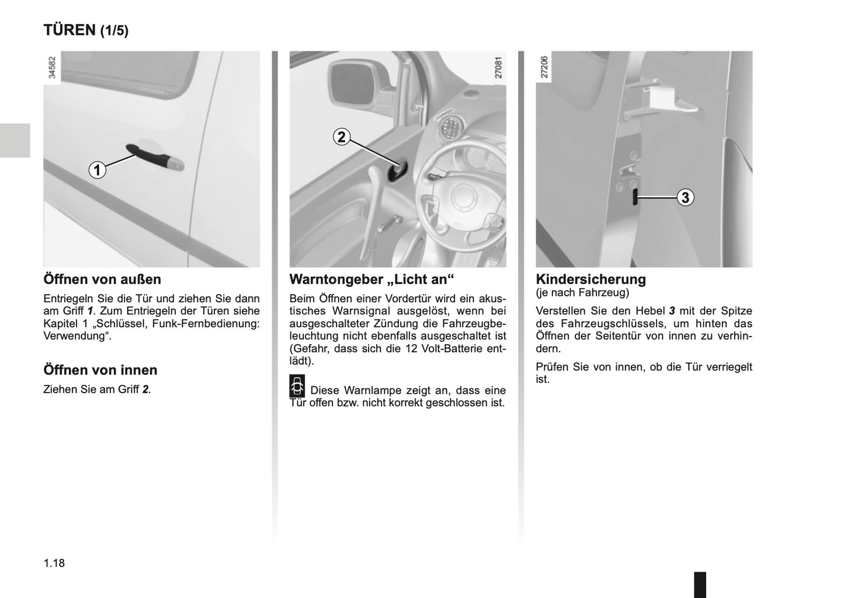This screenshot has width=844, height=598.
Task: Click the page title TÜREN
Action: click(69, 30)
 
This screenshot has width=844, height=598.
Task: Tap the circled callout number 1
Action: click(98, 170)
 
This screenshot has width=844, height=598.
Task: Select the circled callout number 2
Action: click(341, 137)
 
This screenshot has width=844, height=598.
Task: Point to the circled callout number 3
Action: click(685, 197)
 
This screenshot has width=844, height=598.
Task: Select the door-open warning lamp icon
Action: click(297, 386)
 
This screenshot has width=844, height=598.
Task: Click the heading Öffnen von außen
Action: click(102, 279)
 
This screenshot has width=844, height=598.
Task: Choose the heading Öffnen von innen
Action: click(100, 370)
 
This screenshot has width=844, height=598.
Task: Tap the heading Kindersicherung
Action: click(591, 279)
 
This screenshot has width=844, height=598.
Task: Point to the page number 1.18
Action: click(54, 563)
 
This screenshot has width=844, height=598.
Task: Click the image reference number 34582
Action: click(52, 67)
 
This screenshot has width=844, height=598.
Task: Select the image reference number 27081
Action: click(498, 67)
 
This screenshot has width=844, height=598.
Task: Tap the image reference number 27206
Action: click(544, 67)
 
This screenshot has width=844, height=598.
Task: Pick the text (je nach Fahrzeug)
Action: click(582, 292)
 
